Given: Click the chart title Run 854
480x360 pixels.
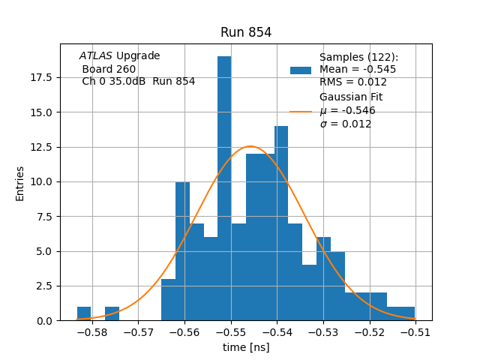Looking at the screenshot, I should tap(246, 32).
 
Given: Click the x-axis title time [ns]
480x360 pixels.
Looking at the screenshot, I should tap(246, 347).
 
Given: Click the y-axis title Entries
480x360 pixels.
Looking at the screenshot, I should tap(20, 183).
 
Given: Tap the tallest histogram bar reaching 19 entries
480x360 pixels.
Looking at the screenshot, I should tap(224, 187).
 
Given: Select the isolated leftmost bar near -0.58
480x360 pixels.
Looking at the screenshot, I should tap(84, 313).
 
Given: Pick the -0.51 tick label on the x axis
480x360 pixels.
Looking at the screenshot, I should tap(415, 331).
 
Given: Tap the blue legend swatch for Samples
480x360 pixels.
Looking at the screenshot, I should tap(301, 70).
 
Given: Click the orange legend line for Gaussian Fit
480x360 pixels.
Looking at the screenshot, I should tap(301, 111).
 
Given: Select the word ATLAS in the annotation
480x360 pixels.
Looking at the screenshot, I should tap(96, 56).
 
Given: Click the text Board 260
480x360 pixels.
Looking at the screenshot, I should tap(109, 69).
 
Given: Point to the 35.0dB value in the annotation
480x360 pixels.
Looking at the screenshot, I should tap(131, 82).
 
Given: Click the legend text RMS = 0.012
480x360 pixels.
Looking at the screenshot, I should tap(353, 82).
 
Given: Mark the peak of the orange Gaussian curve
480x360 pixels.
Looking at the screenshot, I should tap(250, 146).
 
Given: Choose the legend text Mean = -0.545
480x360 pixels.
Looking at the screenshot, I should tap(358, 70).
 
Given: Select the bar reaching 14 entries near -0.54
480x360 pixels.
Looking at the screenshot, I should tap(281, 225).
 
